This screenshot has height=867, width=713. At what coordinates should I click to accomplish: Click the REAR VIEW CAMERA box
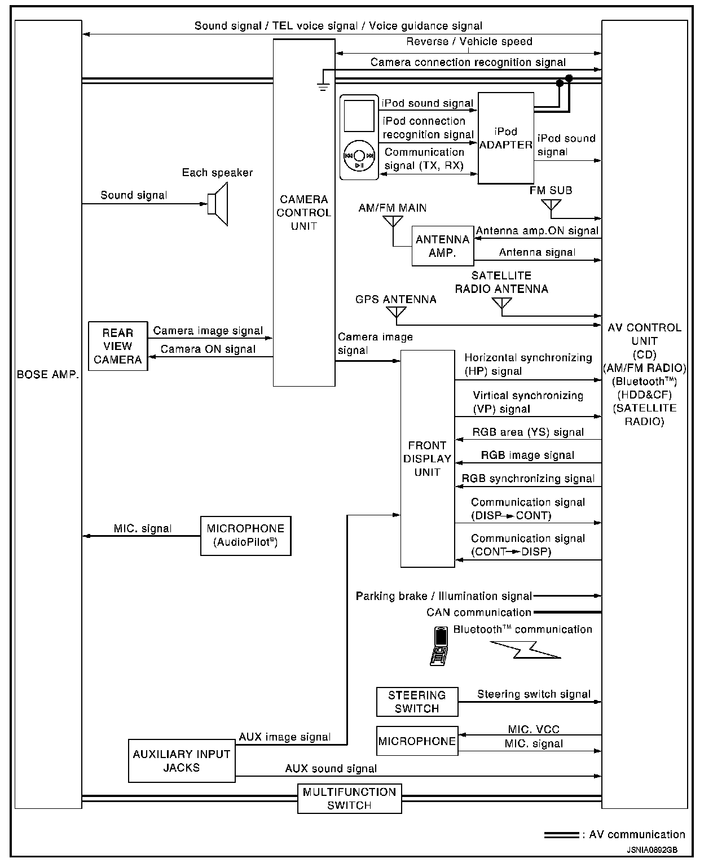tap(118, 346)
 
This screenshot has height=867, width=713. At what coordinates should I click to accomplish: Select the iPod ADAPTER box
tap(505, 138)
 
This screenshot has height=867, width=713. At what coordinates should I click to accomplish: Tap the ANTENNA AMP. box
tap(442, 246)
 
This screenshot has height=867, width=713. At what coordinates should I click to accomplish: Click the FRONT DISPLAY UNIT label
tap(427, 458)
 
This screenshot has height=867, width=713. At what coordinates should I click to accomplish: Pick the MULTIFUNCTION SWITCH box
tap(349, 798)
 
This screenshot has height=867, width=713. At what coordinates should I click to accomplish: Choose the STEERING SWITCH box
tap(417, 702)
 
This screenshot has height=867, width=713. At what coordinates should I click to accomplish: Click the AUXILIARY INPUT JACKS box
tap(182, 761)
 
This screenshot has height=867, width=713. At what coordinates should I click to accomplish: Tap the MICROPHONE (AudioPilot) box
tap(245, 536)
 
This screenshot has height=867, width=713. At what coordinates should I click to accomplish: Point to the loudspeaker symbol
tap(218, 204)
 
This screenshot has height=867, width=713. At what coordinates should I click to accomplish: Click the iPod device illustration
tap(359, 137)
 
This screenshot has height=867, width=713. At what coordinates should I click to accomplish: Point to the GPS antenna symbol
tap(396, 314)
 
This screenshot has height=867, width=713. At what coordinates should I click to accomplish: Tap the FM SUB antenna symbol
tap(551, 206)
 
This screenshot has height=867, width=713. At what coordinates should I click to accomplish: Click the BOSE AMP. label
tap(48, 375)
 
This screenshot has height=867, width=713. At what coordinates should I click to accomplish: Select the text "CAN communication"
tap(478, 612)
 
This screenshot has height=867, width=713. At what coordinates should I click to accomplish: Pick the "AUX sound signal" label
tap(331, 768)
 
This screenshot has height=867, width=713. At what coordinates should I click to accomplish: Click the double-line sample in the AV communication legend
tap(561, 835)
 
